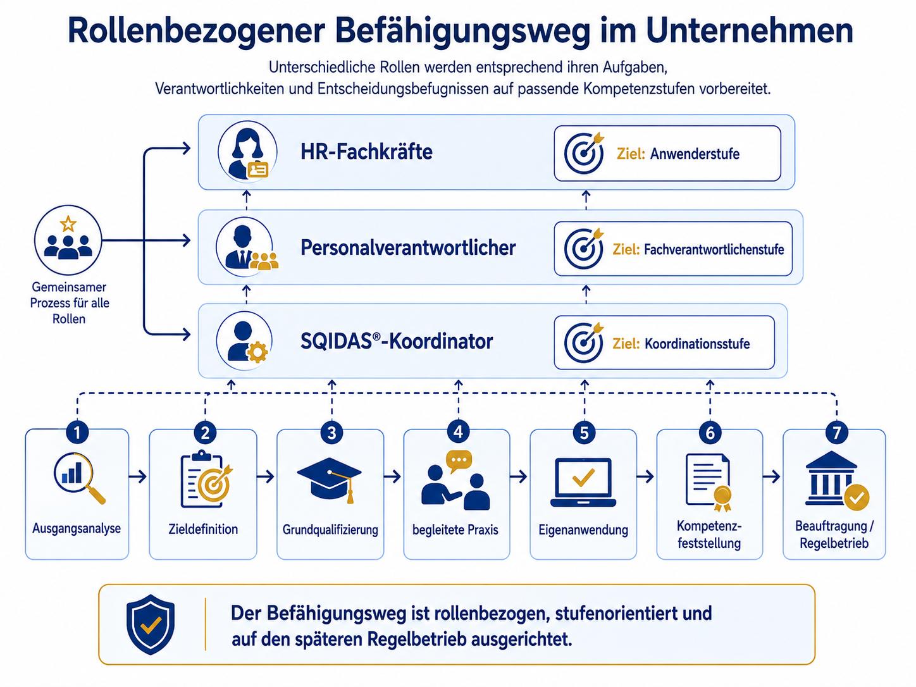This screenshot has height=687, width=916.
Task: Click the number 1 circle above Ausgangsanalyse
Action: pos(77,433)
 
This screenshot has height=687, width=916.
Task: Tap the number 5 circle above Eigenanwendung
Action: pos(584,433)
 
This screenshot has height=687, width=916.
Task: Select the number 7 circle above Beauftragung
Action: pos(836,433)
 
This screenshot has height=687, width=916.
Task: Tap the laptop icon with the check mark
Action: pos(583,483)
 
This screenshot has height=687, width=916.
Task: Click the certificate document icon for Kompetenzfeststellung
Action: pos(709,482)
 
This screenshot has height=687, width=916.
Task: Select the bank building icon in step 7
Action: pos(836,480)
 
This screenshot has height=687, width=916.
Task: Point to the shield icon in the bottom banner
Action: pos(150,624)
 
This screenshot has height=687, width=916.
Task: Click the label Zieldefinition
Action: pos(203,529)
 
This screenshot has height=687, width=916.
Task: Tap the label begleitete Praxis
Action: pos(455,529)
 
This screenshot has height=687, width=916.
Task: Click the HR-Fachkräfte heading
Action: pos(366,151)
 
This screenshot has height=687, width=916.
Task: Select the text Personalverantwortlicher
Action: pos(408,247)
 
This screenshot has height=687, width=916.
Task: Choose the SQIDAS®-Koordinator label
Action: pos(397,341)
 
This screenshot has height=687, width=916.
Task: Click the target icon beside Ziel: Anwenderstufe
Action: pos(584,152)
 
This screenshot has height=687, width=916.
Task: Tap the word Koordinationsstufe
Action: pos(697,343)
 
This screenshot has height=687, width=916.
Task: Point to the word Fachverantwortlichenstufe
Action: pos(714,249)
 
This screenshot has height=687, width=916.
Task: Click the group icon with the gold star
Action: pos(68,240)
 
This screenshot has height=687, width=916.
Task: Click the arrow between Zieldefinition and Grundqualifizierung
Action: pos(266,476)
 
